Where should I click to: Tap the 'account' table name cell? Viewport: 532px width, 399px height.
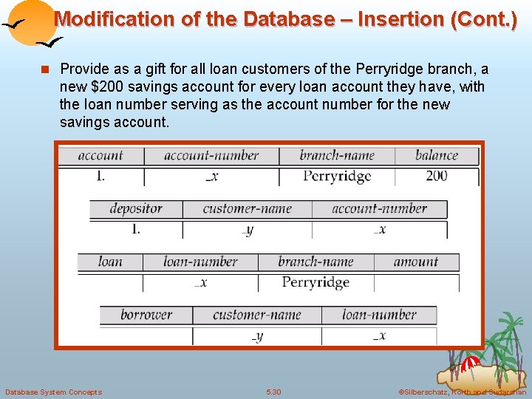click(x=100, y=155)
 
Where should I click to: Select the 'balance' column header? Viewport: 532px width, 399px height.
click(x=437, y=155)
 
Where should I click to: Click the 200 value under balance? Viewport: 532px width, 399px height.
click(x=437, y=176)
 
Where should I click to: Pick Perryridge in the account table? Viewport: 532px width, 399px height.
click(x=337, y=176)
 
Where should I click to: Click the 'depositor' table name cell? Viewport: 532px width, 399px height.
click(x=136, y=208)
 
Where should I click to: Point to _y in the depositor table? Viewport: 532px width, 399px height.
click(x=248, y=229)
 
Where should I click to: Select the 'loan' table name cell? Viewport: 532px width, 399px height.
click(x=110, y=262)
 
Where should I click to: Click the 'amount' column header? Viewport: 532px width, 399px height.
click(x=416, y=262)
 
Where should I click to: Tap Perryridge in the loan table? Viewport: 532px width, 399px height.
click(x=316, y=282)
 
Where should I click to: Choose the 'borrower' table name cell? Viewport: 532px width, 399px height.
click(x=146, y=315)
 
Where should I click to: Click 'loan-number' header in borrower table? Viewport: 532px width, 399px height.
click(x=379, y=315)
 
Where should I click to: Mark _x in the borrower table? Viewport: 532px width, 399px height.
click(x=379, y=335)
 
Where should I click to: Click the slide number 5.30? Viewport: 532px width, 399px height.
click(x=273, y=392)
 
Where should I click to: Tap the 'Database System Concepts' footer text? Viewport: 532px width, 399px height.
click(x=53, y=392)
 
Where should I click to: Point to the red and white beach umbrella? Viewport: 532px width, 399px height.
click(x=470, y=364)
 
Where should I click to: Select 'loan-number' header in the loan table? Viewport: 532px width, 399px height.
click(x=200, y=262)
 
